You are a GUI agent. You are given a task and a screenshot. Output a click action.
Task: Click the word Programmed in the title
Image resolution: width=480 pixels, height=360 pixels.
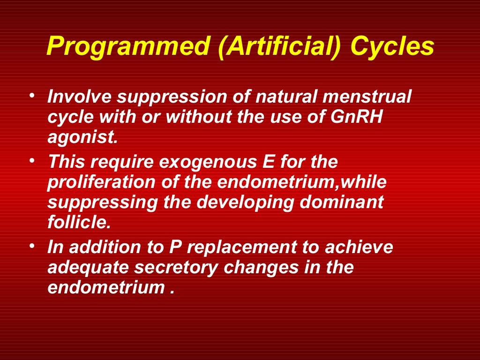tap(128, 47)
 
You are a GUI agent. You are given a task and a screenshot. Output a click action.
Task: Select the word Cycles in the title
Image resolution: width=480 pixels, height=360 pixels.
tap(393, 47)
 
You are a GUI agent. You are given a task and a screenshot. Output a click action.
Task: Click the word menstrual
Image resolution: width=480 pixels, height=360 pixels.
tap(373, 98)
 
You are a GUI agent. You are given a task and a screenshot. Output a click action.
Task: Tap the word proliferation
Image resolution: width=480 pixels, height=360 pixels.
tap(98, 183)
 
